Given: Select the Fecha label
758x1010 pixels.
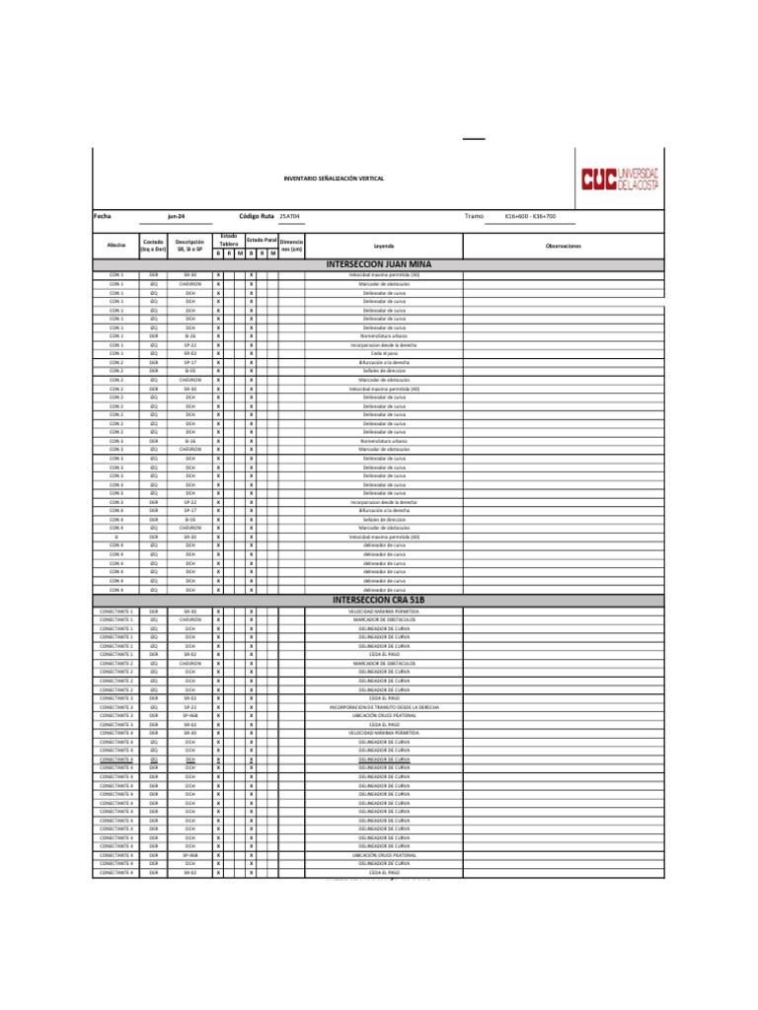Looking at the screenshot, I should coord(103,215).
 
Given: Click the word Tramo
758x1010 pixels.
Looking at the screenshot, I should coord(474,215).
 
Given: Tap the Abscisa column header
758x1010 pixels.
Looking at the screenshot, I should coord(115,246).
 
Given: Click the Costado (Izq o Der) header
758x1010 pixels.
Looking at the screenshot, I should coord(153,246).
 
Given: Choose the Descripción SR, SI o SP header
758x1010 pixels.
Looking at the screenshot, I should coord(189,246).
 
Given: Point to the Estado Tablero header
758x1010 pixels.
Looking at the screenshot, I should coord(228,240).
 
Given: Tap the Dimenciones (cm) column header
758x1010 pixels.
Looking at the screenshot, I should coord(291,245).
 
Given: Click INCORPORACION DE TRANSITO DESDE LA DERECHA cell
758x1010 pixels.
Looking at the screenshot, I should coord(384,707).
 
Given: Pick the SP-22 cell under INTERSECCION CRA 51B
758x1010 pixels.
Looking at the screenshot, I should coord(189,707).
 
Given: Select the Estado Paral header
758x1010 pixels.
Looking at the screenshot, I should coord(262,240).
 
